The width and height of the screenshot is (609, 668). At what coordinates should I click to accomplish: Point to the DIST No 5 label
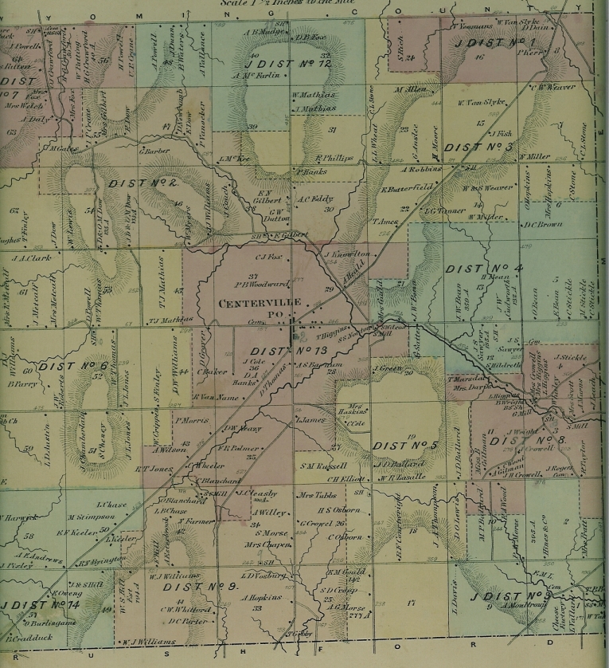(x=401, y=445)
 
